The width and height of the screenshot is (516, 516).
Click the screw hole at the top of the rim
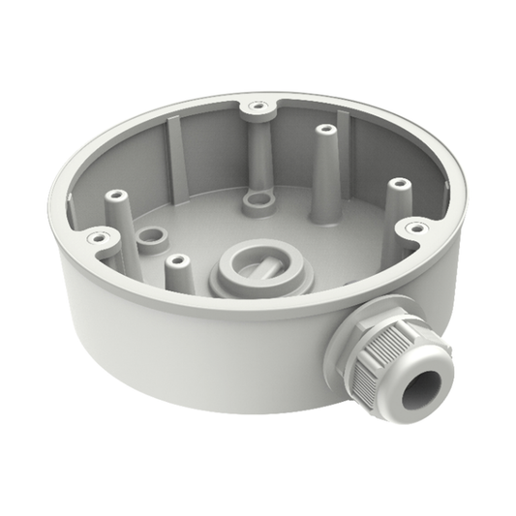pyautogui.click(x=257, y=104)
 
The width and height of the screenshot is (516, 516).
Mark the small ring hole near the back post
pyautogui.click(x=258, y=200)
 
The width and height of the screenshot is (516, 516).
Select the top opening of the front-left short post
pyautogui.click(x=175, y=259)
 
